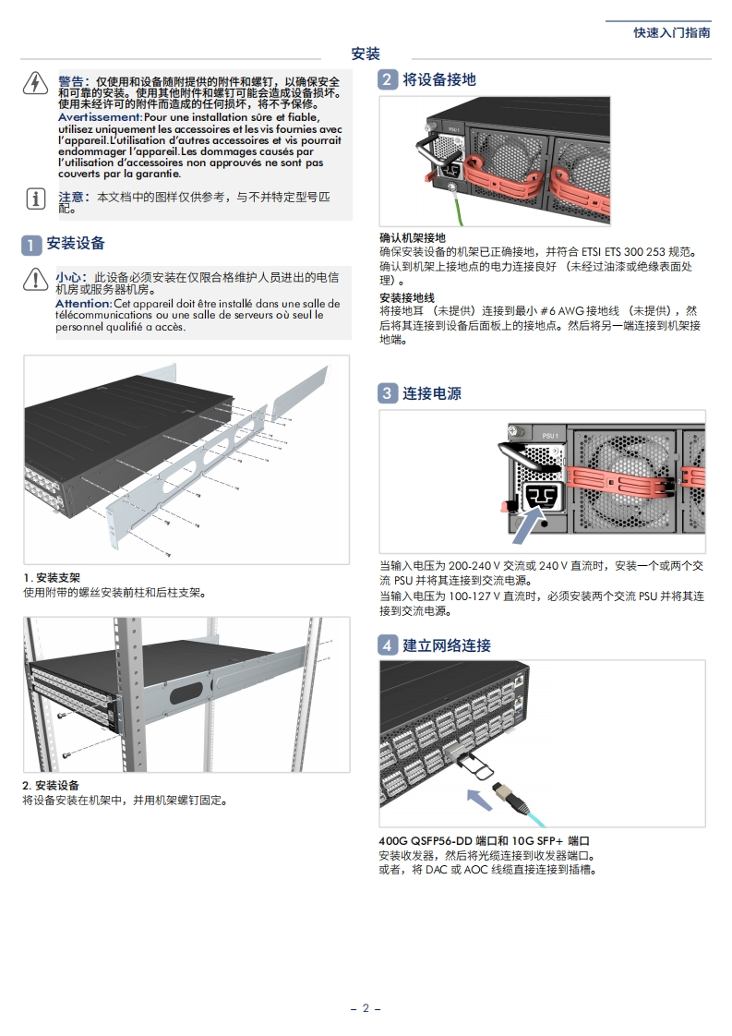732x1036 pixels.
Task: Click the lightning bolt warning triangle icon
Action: pos(34,84)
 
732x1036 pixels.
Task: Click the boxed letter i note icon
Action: pos(34,198)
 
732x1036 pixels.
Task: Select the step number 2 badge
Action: pos(389,80)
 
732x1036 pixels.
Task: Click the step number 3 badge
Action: pos(389,393)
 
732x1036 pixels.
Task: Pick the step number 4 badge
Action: pos(389,645)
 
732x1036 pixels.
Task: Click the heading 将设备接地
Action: pos(439,80)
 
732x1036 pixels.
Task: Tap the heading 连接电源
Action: pos(432,393)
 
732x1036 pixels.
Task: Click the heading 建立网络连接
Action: pos(447,645)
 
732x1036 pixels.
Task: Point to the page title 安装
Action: pos(366,54)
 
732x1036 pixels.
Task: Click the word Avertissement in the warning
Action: pos(100,117)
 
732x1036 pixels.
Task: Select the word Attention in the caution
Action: pos(83,304)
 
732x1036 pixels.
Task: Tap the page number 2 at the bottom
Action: pos(366,1008)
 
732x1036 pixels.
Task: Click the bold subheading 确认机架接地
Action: pos(413,237)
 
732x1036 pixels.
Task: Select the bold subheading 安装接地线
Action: pos(407,297)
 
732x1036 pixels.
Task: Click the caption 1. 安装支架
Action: pos(52,577)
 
